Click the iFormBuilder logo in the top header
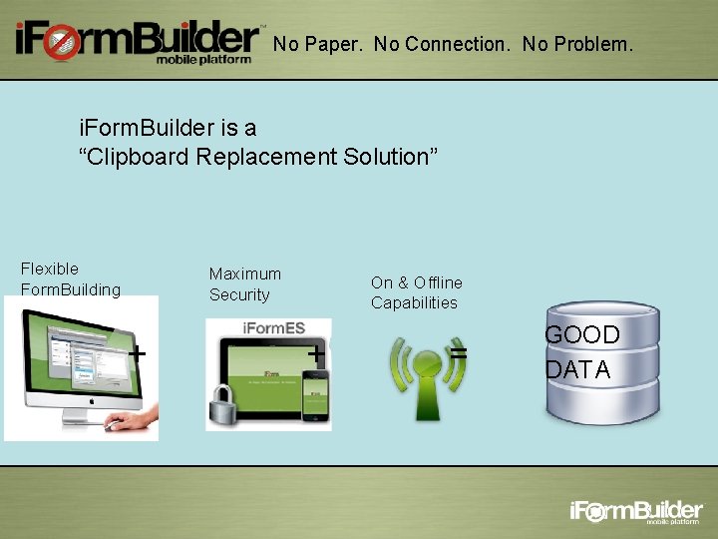[137, 41]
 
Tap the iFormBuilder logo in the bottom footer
[636, 512]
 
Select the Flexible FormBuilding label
[70, 279]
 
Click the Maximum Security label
[244, 283]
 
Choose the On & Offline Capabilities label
[416, 292]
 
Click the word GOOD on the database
[581, 334]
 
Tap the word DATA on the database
[577, 370]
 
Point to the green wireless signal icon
[427, 373]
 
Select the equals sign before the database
[458, 353]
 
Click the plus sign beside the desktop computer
[139, 352]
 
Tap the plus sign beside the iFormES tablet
[315, 352]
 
